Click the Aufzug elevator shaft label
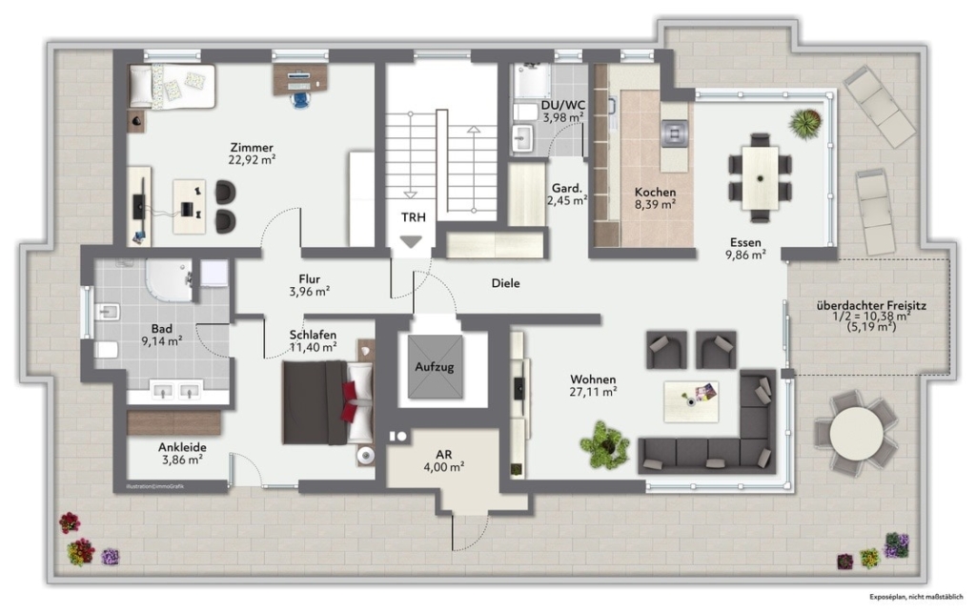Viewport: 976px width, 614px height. click(435, 367)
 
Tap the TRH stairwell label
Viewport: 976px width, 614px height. click(414, 217)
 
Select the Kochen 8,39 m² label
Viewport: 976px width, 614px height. click(655, 198)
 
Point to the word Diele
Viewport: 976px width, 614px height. click(505, 283)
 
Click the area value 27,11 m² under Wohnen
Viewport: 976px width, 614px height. click(593, 392)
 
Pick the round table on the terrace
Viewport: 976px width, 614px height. click(856, 430)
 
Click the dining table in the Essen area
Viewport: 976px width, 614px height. click(760, 177)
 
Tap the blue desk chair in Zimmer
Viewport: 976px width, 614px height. click(302, 100)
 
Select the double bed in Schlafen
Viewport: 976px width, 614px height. click(328, 402)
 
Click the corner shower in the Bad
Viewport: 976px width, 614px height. click(169, 279)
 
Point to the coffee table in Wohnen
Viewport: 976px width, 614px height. click(691, 401)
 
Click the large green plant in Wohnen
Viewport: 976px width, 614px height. click(603, 444)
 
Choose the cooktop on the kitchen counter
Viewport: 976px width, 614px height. click(674, 133)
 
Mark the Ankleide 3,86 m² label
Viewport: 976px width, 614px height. click(182, 453)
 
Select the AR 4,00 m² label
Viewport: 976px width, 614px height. click(444, 460)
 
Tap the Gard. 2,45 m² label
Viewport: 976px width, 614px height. click(567, 194)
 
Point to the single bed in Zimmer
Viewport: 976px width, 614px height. click(172, 86)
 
